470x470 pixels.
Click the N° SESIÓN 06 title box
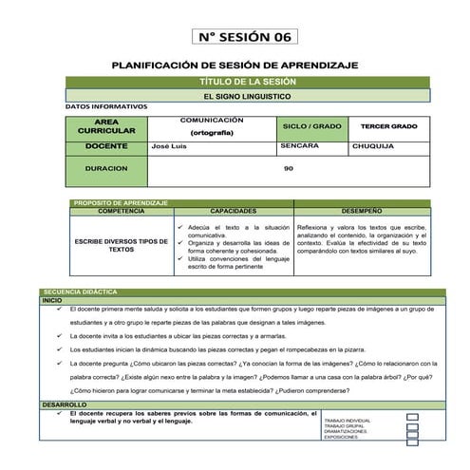tap(245, 37)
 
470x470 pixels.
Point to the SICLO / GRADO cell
tap(311, 126)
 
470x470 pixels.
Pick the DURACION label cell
tap(106, 168)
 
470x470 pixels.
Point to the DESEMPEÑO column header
tap(363, 210)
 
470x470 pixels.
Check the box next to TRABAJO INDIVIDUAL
tap(412, 417)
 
